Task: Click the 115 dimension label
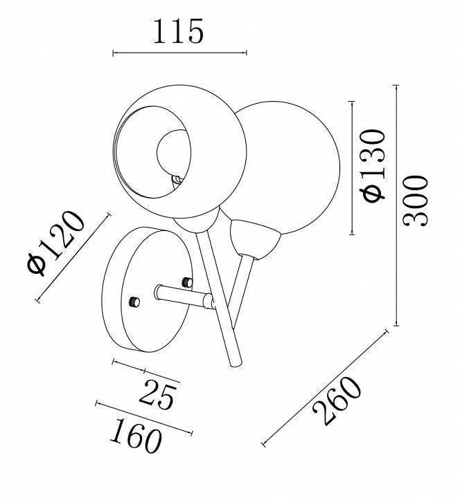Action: click(178, 31)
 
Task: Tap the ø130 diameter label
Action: click(373, 165)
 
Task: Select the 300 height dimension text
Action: click(416, 201)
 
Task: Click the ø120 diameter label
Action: click(56, 242)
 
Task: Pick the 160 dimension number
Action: click(136, 436)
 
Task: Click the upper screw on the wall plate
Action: click(187, 282)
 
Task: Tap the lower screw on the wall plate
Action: click(134, 302)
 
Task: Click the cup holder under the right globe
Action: click(254, 238)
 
